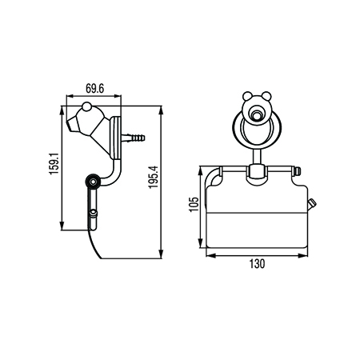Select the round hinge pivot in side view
(94, 182)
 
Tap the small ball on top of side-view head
(86, 106)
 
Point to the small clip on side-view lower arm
(93, 213)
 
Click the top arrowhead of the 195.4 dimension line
(163, 105)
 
